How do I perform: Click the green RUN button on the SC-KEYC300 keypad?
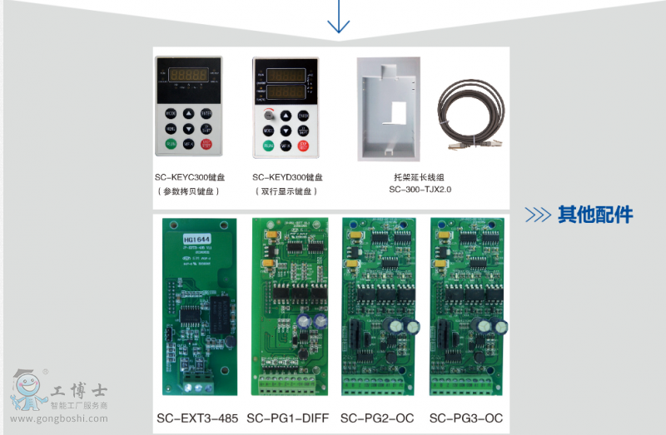pyautogui.click(x=171, y=144)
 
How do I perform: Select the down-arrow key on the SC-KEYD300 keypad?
pyautogui.click(x=286, y=131)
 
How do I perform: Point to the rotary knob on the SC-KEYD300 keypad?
pyautogui.click(x=269, y=116)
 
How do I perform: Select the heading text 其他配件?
pyautogui.click(x=595, y=215)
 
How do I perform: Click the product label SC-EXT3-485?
pyautogui.click(x=197, y=417)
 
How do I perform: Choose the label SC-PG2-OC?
pyautogui.click(x=376, y=417)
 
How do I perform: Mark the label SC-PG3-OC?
pyautogui.click(x=466, y=417)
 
